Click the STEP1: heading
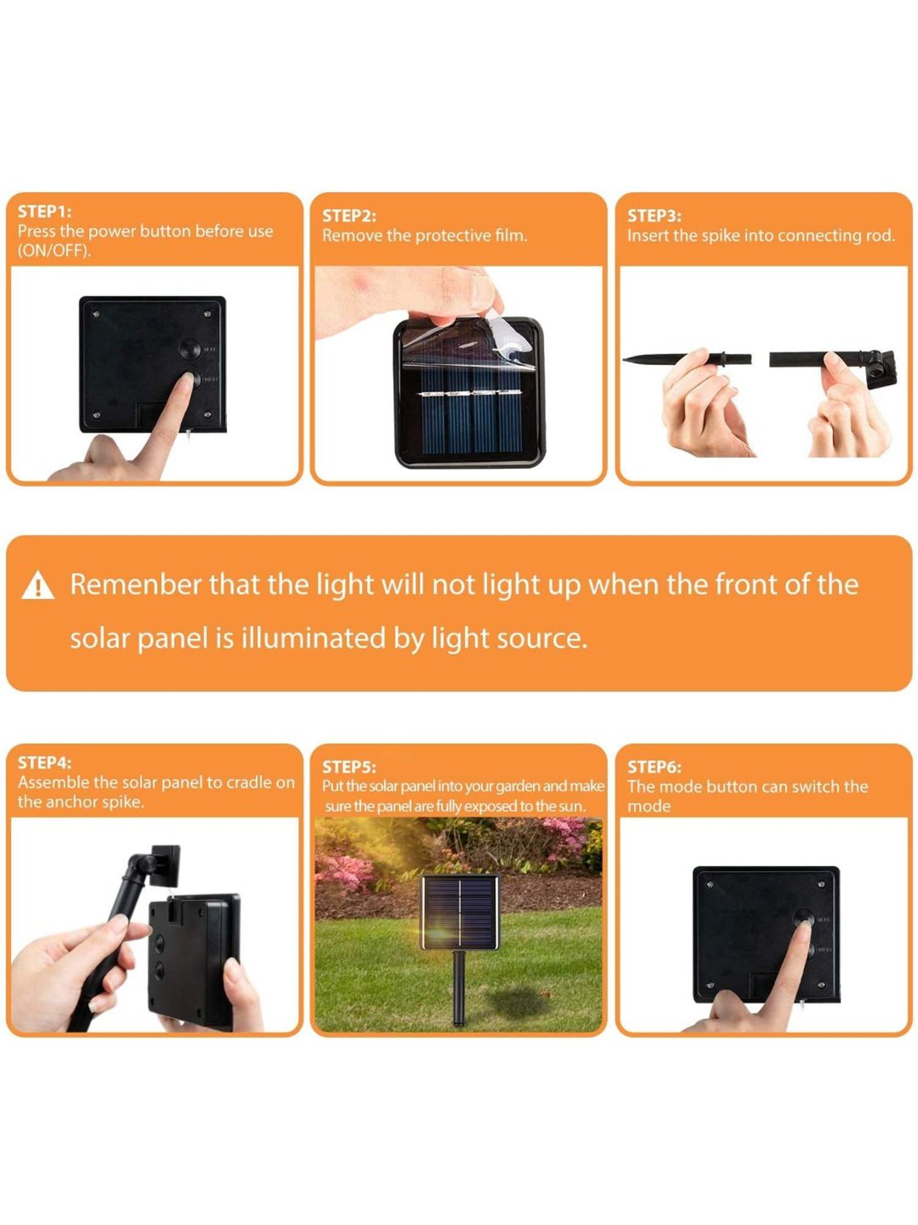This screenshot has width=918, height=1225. click(44, 212)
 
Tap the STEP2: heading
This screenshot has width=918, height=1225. click(349, 216)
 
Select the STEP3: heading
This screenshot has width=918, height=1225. click(654, 216)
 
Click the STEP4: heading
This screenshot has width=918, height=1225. click(44, 763)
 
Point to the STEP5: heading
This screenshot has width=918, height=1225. click(349, 767)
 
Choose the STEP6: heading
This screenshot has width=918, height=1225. click(654, 767)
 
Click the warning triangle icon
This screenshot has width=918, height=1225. click(38, 585)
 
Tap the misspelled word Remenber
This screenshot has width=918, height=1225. click(135, 584)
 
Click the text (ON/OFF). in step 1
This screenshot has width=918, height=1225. click(54, 251)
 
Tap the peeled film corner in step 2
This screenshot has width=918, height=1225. click(503, 337)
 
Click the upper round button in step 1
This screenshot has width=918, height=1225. click(190, 349)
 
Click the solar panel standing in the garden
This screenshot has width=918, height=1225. click(460, 913)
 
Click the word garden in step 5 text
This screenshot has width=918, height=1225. click(517, 786)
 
